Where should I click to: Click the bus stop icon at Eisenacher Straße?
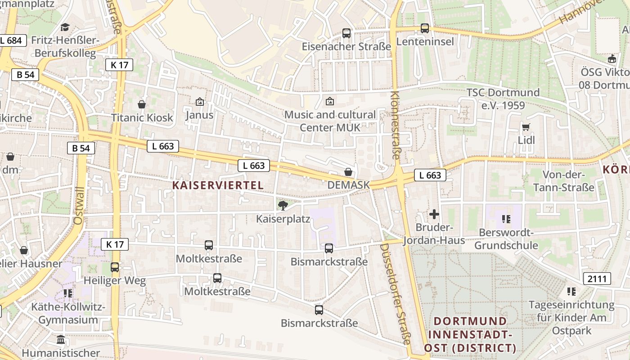pos(346,33)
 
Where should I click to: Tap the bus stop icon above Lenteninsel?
pos(424,28)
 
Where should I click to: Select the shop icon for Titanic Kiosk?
pos(142,104)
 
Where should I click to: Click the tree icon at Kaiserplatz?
pos(283,206)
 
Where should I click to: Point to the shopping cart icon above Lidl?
pos(526,127)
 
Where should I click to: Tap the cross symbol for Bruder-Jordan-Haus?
pos(434,214)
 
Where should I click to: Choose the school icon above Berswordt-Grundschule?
pos(506,219)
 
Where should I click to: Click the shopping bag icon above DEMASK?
pos(348,172)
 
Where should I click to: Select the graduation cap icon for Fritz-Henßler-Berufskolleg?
pos(65,27)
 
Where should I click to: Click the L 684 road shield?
pos(11,40)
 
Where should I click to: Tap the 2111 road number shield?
pos(597,279)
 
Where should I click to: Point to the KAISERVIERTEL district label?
pos(218,185)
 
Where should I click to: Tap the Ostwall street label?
pos(79,206)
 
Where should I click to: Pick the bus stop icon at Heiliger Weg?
pos(115,267)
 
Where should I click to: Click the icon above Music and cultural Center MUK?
pos(330,101)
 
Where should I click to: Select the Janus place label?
pos(199,115)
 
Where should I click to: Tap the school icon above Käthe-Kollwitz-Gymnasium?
pos(68,293)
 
